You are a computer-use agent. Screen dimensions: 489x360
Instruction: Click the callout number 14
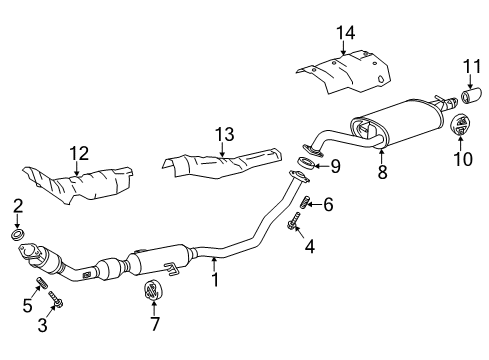tap(345, 33)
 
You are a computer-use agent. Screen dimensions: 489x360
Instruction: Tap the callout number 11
tap(472, 66)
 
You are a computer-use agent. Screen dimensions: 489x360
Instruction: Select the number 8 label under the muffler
tap(382, 172)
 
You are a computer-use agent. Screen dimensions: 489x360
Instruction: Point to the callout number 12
tap(79, 153)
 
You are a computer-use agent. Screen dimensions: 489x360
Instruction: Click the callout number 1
tap(215, 279)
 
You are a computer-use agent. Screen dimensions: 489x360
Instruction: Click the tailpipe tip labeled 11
tap(471, 95)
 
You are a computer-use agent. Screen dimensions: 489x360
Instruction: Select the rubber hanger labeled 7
tap(153, 290)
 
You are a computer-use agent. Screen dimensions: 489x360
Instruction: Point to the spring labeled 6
tap(305, 202)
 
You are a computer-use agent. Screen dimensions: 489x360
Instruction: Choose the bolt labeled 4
tap(293, 222)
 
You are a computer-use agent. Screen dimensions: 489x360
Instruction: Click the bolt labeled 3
tap(56, 299)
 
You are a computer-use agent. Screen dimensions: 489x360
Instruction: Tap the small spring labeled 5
tap(41, 283)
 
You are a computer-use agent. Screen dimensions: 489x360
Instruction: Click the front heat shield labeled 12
tap(78, 184)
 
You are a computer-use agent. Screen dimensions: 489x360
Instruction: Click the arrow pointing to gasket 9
tap(320, 166)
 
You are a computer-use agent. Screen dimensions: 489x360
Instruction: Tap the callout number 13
tap(224, 135)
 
